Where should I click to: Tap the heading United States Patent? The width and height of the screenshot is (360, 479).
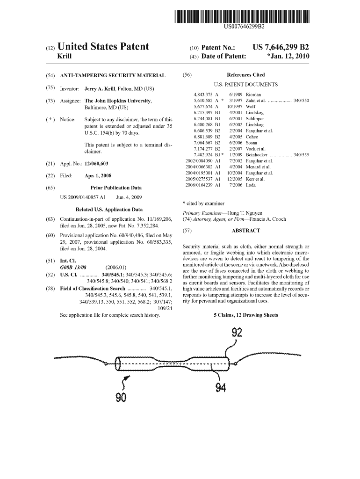tap(102, 47)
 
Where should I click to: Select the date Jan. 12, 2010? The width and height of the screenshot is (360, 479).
tap(289, 57)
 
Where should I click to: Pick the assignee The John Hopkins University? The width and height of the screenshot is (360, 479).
tap(118, 101)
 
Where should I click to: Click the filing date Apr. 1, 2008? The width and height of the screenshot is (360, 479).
tap(98, 176)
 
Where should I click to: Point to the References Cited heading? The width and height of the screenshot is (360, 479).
tap(245, 75)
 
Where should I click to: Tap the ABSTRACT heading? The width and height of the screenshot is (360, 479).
tap(245, 231)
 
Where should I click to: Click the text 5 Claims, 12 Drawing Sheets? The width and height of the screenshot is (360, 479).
tap(245, 315)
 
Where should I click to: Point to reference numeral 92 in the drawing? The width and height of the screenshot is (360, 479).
tap(237, 333)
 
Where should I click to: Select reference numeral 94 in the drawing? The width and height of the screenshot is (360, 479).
tap(221, 388)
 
